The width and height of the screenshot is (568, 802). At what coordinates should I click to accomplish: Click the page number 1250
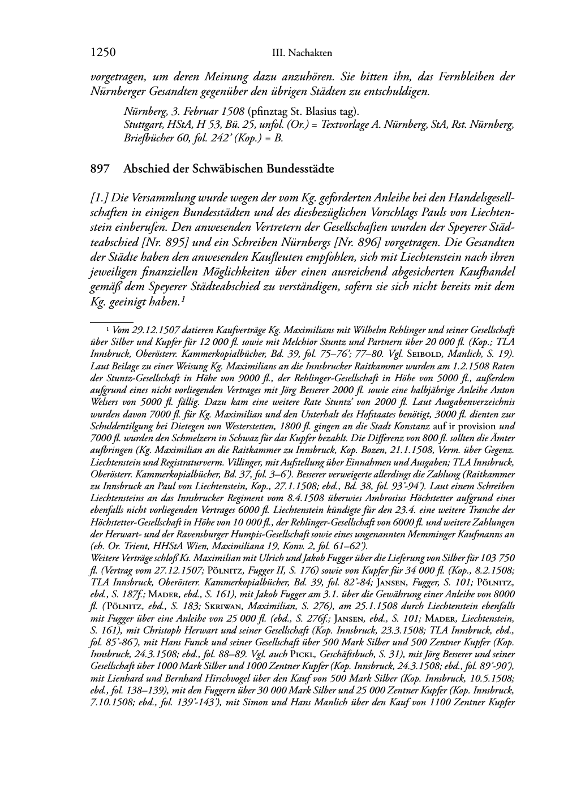tap(103, 53)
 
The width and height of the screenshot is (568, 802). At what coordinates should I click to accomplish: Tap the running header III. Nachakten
tap(302, 53)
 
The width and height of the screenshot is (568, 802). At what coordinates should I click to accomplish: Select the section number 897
tap(100, 169)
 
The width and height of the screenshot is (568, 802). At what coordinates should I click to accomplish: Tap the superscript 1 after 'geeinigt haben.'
tap(184, 299)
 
